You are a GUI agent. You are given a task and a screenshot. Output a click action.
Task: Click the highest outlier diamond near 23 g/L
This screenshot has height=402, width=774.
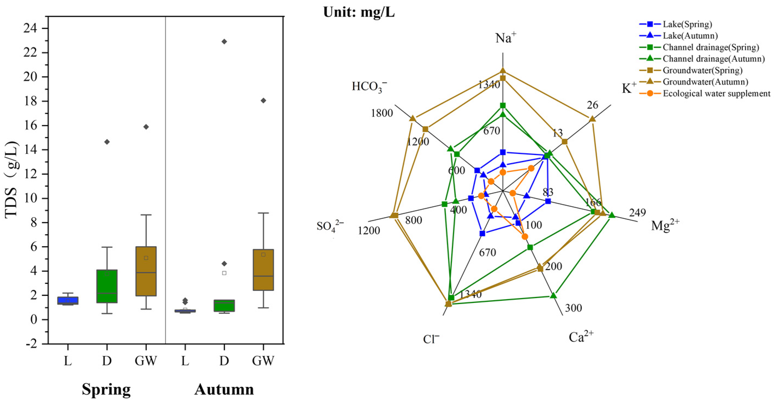224,41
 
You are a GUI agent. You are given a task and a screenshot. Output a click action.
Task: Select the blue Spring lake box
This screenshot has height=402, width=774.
68,301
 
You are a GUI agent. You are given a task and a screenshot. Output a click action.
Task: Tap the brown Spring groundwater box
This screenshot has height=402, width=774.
146,271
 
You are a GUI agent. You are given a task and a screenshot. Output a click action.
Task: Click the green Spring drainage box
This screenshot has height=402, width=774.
107,286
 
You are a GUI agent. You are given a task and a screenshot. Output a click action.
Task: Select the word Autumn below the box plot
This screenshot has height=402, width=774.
224,389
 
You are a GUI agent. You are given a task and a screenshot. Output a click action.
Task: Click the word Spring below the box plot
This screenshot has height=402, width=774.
106,389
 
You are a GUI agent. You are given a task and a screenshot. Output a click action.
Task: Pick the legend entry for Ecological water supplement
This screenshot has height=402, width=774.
716,94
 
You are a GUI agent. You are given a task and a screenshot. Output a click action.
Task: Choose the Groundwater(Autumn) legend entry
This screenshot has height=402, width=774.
705,82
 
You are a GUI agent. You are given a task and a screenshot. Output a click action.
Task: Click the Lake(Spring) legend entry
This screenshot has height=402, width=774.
687,24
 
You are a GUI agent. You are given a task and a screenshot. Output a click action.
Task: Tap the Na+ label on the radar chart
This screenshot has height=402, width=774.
506,38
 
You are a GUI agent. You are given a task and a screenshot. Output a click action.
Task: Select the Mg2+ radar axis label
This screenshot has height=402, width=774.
665,225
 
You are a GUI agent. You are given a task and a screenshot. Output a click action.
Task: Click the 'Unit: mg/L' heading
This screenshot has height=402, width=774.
359,12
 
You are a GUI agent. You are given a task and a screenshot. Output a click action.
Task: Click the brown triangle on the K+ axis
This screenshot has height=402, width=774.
592,119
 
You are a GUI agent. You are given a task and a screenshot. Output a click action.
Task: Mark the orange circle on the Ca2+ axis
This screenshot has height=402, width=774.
525,237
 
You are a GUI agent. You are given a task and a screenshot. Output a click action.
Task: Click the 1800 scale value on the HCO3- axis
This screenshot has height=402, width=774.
382,113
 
